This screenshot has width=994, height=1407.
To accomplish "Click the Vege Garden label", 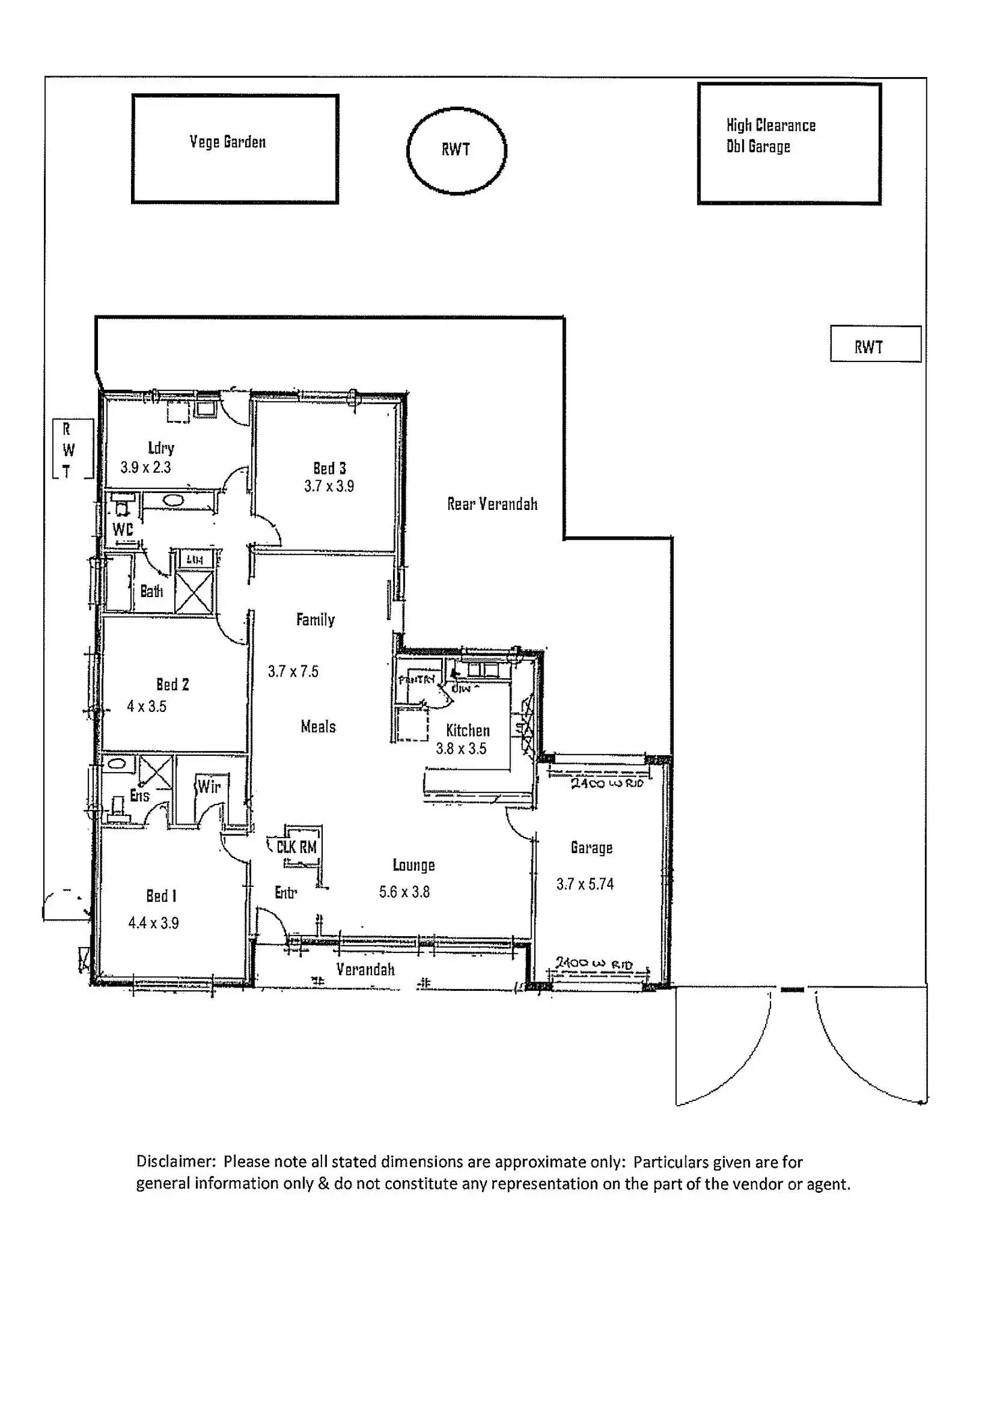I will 228,142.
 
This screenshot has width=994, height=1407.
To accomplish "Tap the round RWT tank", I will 456,150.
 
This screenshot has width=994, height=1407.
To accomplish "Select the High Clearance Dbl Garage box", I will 789,144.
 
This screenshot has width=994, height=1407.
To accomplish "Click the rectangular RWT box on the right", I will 875,344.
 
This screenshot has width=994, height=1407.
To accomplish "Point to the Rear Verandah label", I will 492,504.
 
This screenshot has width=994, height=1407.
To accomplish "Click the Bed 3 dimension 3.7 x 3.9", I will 329,486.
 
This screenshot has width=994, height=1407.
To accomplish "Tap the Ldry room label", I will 161,448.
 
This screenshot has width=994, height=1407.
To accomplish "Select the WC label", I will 123,530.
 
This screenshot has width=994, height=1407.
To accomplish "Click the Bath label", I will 152,592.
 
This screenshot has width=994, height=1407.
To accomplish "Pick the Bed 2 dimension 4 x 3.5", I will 147,707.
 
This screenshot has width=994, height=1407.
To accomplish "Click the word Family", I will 315,619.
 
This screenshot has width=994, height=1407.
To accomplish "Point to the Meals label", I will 318,727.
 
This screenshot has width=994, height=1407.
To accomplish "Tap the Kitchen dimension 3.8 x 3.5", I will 461,748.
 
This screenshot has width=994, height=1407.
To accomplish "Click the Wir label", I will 209,786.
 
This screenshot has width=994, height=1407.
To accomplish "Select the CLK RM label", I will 296,847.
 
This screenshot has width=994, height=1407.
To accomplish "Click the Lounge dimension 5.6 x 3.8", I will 404,892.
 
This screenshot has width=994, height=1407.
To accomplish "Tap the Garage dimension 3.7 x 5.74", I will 585,884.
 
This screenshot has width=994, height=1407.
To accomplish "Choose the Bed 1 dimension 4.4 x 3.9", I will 153,923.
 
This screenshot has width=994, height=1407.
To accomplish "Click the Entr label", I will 286,893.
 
